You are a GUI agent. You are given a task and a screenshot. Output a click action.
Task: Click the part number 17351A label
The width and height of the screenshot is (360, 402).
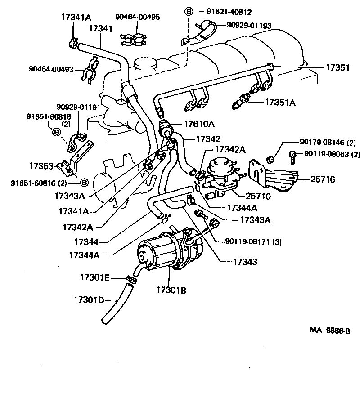pyautogui.click(x=280, y=103)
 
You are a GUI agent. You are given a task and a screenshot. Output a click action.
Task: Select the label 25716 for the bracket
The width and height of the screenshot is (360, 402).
pyautogui.click(x=323, y=179)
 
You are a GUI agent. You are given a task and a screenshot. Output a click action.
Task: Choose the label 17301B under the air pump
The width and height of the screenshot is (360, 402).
pyautogui.click(x=171, y=290)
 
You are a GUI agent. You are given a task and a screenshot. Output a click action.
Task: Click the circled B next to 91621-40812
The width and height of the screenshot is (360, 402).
pyautogui.click(x=189, y=12)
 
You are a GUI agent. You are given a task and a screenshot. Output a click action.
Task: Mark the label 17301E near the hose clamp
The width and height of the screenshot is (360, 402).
pyautogui.click(x=94, y=277)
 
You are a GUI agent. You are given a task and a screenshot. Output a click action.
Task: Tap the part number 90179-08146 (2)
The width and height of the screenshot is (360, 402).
pyautogui.click(x=328, y=143)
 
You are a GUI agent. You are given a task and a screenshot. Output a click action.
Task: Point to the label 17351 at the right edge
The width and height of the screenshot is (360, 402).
pyautogui.click(x=337, y=68)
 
